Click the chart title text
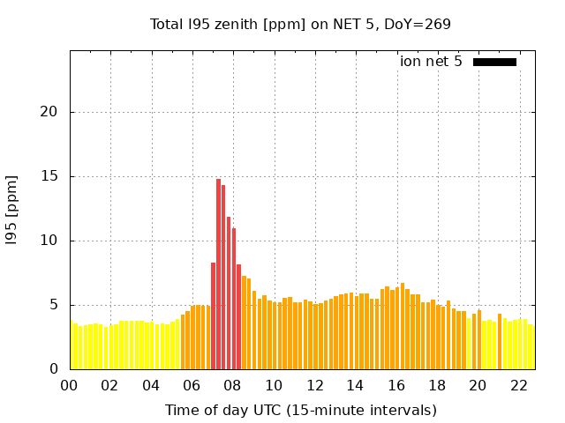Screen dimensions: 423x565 pos(300,24)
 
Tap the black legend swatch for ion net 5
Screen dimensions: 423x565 pos(494,62)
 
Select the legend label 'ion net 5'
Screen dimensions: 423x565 pos(431,62)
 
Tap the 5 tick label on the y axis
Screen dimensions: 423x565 pos(56,305)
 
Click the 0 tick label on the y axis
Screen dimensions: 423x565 pos(56,369)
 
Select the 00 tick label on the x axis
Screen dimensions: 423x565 pos(70,385)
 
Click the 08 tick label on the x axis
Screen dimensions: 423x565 pos(233,385)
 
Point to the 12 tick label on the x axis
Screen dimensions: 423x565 pos(314,385)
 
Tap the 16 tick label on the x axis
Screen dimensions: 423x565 pos(396,385)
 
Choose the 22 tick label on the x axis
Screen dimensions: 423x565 pos(519,385)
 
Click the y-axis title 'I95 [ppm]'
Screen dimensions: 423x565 pos(12,210)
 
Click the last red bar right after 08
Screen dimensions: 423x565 pos(238,317)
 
